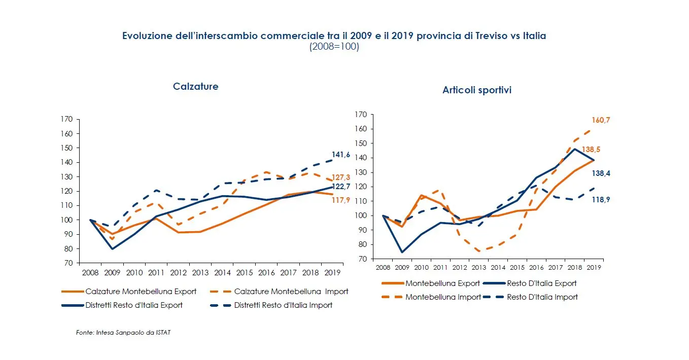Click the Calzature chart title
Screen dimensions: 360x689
coord(195,86)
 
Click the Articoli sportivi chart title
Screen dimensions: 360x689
coord(476,90)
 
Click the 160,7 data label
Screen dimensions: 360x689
coord(600,120)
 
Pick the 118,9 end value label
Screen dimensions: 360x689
coord(600,200)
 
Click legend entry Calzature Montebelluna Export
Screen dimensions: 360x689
coord(141,292)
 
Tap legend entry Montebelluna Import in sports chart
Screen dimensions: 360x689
coord(443,297)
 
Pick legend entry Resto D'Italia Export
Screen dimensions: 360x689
coord(541,283)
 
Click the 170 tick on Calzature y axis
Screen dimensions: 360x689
coord(66,120)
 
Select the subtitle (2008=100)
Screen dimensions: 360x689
coord(334,47)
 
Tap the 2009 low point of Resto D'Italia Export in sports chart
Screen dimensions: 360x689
coord(402,252)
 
